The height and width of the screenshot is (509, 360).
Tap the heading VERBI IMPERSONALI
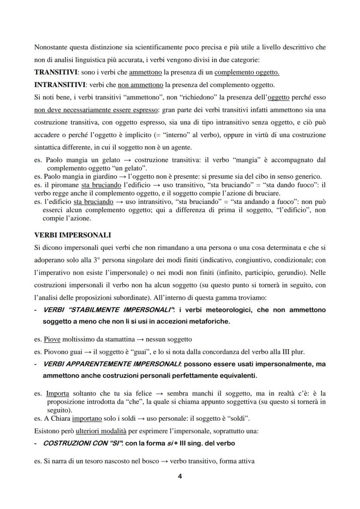(x=73, y=235)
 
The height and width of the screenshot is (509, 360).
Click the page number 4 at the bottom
(x=180, y=476)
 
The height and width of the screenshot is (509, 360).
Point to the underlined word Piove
(x=52, y=339)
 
